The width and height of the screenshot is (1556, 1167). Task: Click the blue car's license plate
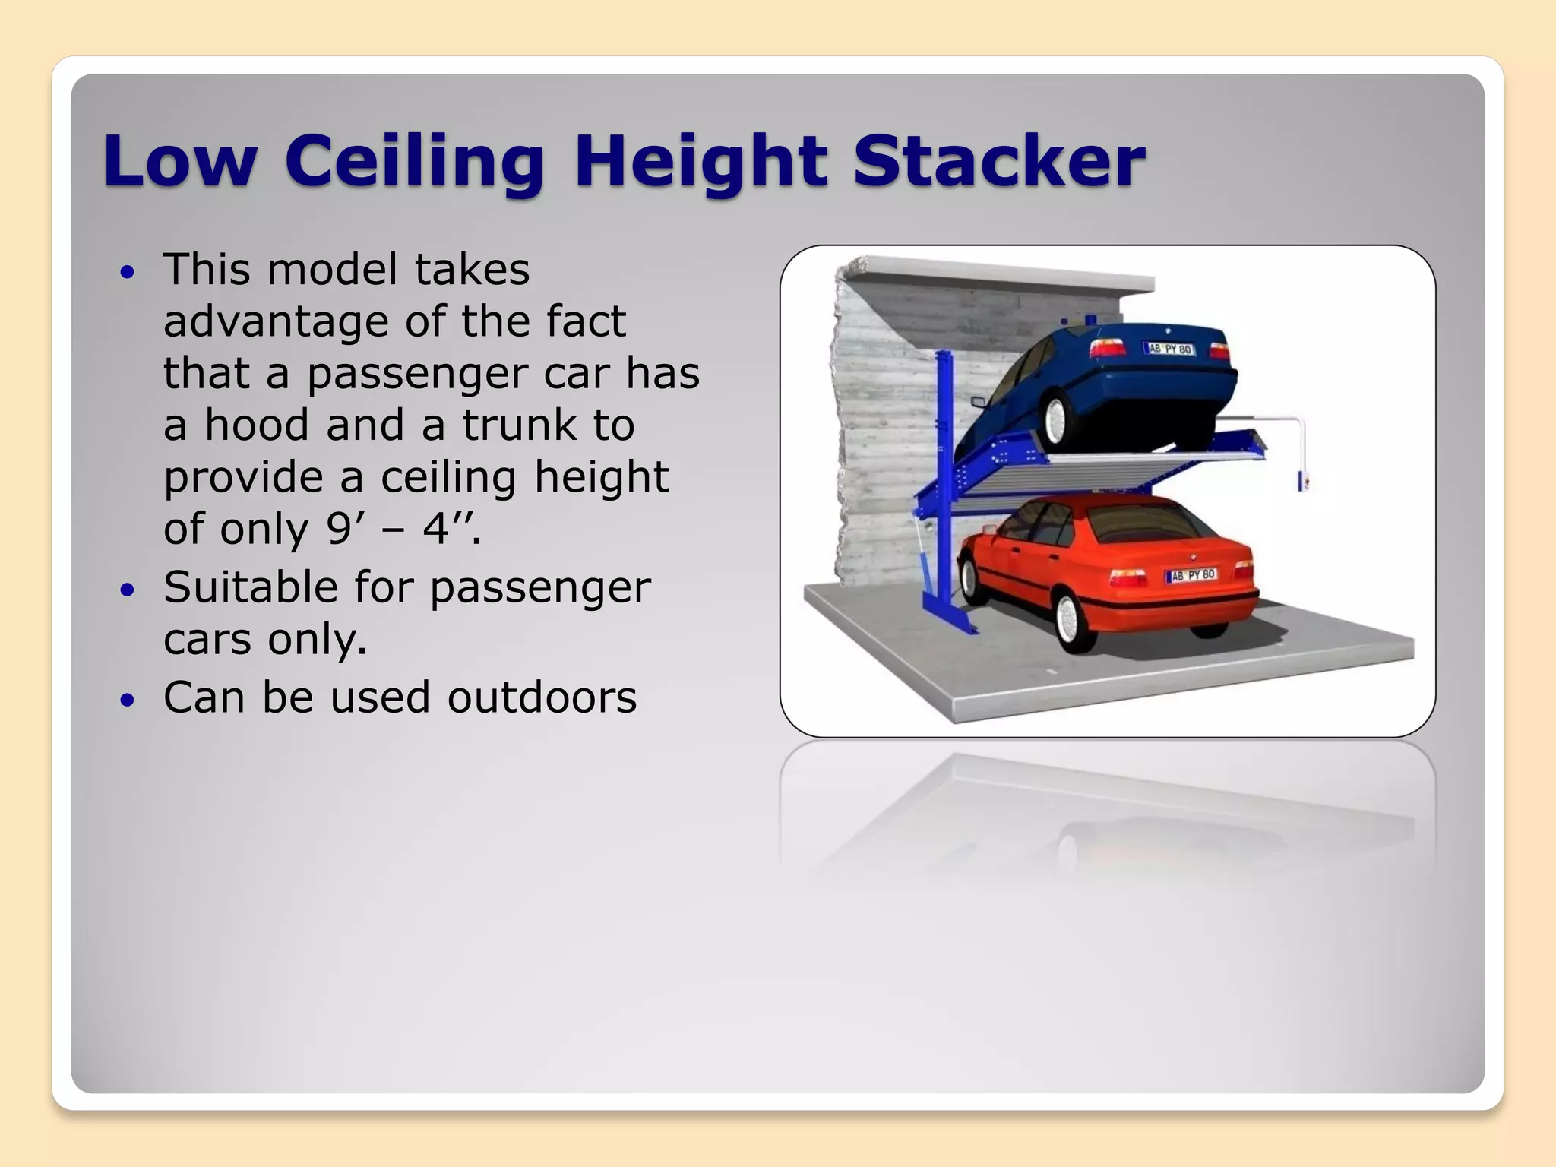point(1169,349)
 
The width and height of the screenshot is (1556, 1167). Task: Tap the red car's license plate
point(1191,575)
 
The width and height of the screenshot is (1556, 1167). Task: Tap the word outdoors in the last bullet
point(542,697)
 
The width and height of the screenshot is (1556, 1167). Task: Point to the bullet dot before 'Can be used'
point(127,699)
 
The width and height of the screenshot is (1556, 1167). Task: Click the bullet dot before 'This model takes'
point(127,271)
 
